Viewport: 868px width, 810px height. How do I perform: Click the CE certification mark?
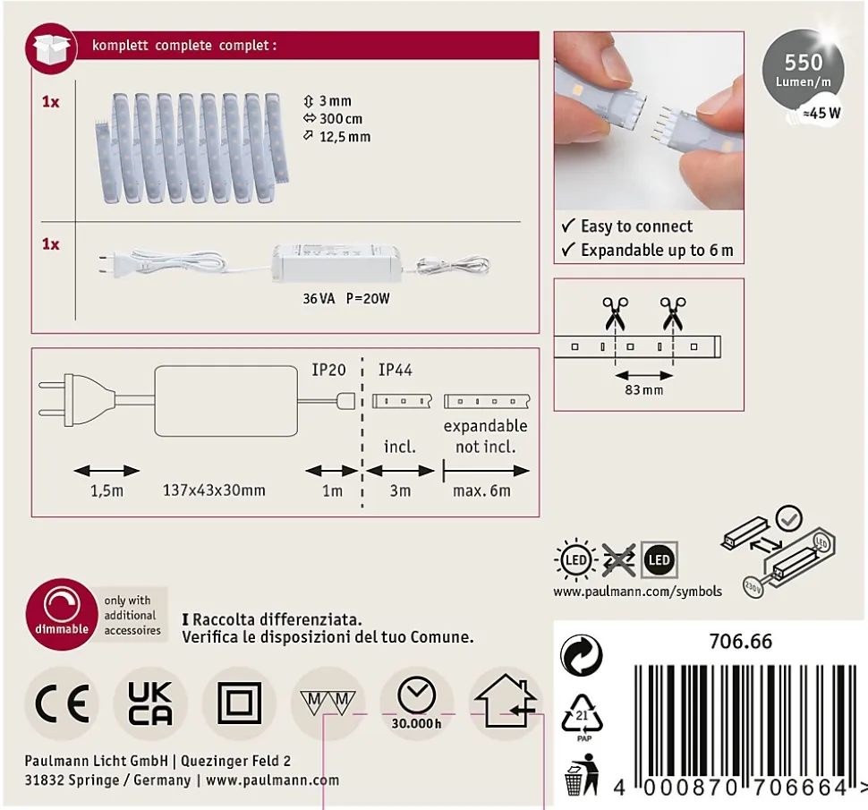coord(62,703)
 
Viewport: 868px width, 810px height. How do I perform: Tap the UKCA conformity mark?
coord(150,703)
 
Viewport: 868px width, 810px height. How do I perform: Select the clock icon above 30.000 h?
coord(416,695)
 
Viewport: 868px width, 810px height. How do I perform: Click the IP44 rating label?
coord(396,370)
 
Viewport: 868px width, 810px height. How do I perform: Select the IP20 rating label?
coord(328,370)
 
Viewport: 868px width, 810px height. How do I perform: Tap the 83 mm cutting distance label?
coord(643,389)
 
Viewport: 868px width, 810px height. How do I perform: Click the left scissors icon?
coord(615,312)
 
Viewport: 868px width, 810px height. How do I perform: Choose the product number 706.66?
coord(741,641)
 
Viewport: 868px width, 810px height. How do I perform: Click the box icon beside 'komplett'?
coord(52,48)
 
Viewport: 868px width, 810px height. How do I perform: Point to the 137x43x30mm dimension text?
coord(214,490)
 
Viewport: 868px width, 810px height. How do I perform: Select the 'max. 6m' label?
coord(481,490)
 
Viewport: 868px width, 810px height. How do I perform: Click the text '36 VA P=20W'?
coord(346,298)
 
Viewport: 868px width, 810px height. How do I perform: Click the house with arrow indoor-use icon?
coord(506,701)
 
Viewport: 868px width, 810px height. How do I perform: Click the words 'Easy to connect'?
coord(636,226)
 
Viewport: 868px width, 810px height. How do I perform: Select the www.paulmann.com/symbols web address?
coord(638,592)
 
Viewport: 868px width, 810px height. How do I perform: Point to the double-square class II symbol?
coord(239,703)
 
